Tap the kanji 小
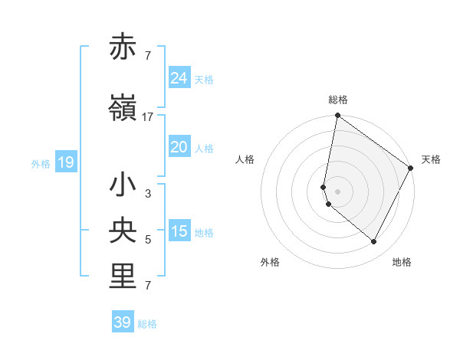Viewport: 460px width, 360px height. click(123, 186)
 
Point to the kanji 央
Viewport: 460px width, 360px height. click(123, 232)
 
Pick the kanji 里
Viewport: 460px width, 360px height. click(123, 278)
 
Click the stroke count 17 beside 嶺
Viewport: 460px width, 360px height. click(148, 117)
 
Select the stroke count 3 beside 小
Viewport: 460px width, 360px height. click(148, 195)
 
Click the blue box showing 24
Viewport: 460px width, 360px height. click(179, 78)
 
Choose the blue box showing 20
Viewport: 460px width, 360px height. click(179, 147)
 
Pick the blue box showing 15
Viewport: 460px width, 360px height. click(179, 231)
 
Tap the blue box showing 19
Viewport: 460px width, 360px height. click(65, 162)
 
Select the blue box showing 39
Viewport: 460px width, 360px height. click(123, 322)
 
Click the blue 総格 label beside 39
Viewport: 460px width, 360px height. click(147, 324)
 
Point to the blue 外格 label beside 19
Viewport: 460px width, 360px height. click(41, 163)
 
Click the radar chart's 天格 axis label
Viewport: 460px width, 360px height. click(431, 159)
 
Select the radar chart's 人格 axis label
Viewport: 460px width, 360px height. click(245, 159)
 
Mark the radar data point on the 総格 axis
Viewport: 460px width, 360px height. click(337, 116)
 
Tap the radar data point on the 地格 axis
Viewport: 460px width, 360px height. click(374, 242)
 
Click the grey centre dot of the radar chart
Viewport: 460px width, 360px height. click(337, 191)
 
